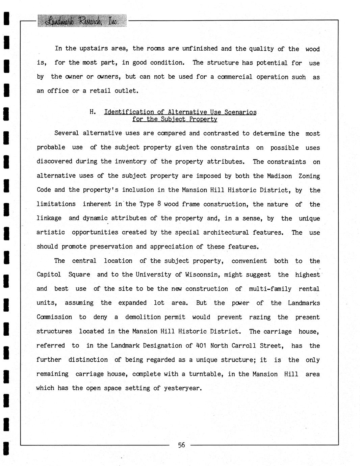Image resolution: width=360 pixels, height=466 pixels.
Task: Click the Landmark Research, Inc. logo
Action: coord(82,21)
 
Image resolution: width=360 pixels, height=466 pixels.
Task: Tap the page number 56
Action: coord(181,445)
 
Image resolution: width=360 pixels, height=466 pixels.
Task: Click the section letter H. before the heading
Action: coord(93,112)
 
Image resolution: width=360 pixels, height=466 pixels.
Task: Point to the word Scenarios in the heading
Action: coord(240,112)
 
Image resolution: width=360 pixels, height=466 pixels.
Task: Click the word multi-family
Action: coord(270,289)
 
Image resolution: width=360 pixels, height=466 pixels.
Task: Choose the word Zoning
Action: coord(309,176)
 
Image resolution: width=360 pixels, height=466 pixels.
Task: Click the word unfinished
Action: coord(200,49)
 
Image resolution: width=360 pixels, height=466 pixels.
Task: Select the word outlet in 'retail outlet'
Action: coord(126,91)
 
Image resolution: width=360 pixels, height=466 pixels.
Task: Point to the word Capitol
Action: coord(49,275)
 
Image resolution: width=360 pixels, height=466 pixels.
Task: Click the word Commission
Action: coord(54,317)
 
